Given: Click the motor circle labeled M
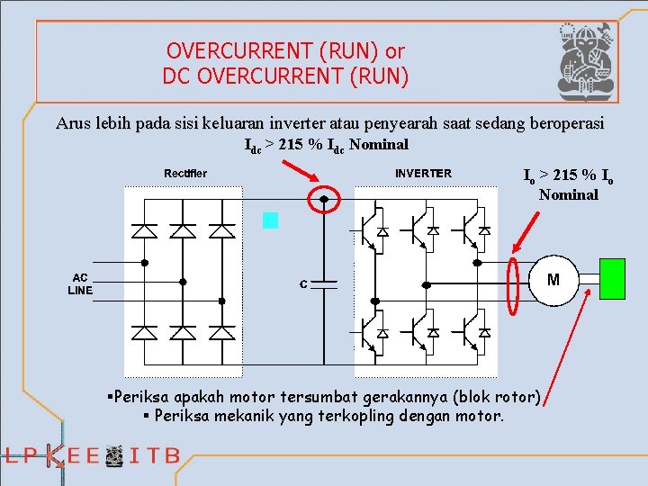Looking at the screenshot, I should [x=553, y=279].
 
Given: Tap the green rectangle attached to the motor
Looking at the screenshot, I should [x=612, y=278].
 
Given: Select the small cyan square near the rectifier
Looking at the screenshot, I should [x=271, y=220].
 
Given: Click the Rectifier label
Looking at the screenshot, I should [x=185, y=173].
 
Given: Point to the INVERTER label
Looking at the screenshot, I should [x=423, y=173].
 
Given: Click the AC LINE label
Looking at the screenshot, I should [x=80, y=284].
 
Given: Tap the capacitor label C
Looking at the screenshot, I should [x=304, y=284].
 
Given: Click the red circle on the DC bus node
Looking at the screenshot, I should [x=324, y=200].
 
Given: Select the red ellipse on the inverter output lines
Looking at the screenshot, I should [x=514, y=286].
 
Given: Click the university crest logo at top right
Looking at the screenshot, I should [x=585, y=59].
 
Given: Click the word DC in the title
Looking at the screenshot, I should [x=176, y=76].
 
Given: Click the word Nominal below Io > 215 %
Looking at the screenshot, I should [x=569, y=194].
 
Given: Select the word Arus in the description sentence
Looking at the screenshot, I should [x=74, y=123].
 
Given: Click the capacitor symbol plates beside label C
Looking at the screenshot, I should [x=324, y=283].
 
